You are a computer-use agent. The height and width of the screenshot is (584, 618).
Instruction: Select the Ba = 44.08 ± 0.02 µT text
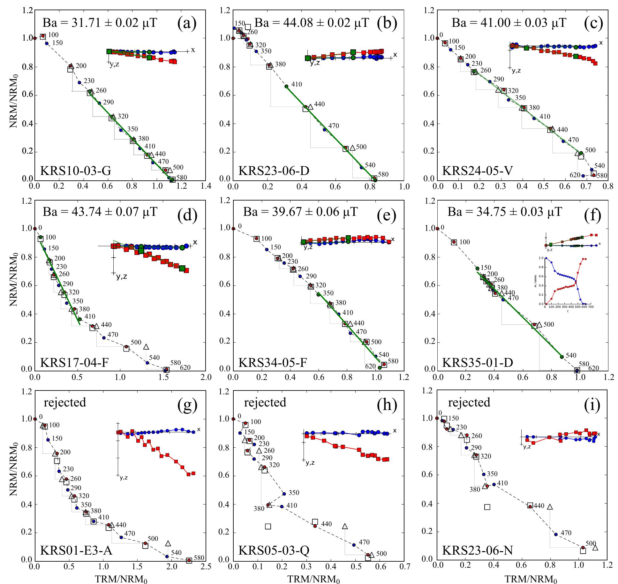tap(312, 23)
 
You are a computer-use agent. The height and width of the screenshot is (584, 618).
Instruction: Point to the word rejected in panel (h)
tap(265, 402)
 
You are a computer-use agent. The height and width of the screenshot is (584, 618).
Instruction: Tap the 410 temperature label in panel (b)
tap(297, 85)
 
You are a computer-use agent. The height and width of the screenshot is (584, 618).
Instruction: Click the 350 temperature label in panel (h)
tap(294, 493)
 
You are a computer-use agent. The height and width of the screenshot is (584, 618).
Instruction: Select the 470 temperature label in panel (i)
tap(566, 533)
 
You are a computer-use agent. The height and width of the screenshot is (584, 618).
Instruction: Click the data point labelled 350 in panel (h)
tap(284, 494)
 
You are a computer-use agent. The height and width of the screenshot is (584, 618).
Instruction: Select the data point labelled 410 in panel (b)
tap(286, 86)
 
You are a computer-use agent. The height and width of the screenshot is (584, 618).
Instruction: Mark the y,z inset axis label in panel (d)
tap(121, 277)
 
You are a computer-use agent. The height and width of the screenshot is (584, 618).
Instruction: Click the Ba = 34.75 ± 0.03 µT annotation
tap(505, 212)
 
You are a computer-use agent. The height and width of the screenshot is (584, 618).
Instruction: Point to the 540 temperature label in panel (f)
tap(571, 355)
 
